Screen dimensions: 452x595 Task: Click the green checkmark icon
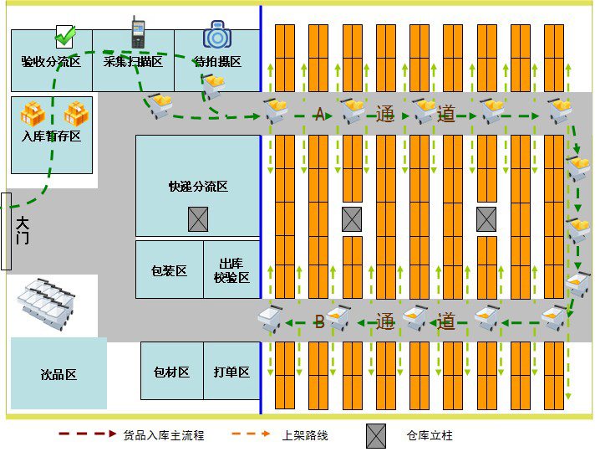[65, 36]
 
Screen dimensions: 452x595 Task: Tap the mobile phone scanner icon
[138, 33]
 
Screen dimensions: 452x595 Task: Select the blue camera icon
[216, 35]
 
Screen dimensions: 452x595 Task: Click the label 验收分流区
[51, 61]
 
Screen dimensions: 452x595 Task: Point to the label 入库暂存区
[51, 136]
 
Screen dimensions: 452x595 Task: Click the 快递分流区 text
[198, 186]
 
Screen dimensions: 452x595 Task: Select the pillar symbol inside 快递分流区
[198, 219]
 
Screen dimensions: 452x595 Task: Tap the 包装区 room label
[169, 270]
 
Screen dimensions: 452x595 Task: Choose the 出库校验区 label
[231, 270]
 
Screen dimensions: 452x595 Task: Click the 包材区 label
[171, 372]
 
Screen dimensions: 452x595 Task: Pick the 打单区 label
[231, 372]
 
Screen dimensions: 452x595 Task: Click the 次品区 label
[58, 374]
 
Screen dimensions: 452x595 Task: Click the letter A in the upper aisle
[318, 115]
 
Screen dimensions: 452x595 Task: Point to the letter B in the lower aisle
[318, 322]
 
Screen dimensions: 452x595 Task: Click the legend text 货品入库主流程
[164, 435]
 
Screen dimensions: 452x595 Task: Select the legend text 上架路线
[305, 435]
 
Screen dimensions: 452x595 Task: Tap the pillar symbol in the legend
[376, 435]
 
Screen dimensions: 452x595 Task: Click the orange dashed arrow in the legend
[251, 434]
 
